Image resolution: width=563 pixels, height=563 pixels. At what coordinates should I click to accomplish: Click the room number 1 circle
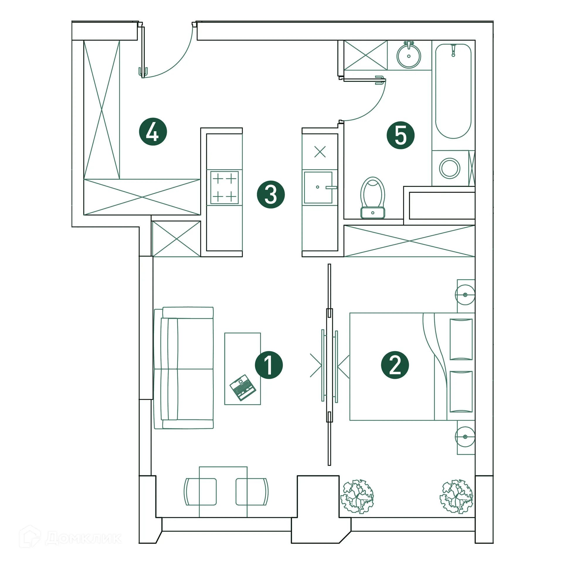tap(269, 365)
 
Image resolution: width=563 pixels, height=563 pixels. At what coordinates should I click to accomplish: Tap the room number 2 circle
tap(395, 365)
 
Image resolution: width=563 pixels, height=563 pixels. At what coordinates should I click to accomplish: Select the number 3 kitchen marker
tap(271, 194)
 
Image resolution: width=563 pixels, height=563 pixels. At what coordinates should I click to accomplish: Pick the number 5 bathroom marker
tap(401, 135)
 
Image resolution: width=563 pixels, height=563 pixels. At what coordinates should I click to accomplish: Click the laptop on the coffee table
tap(243, 387)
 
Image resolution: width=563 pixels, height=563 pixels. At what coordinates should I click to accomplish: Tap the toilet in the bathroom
tap(372, 197)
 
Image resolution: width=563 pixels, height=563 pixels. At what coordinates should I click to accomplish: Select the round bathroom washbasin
tap(408, 56)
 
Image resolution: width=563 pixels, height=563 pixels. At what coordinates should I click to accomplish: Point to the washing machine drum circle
tap(450, 168)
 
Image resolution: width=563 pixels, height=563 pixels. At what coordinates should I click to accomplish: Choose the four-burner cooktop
tap(224, 187)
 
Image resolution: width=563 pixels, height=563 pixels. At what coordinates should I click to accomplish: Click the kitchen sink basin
tap(318, 187)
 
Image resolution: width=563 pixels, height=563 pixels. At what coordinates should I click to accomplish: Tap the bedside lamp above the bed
tap(465, 294)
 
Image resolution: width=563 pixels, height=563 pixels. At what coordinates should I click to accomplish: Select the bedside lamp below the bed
tap(465, 437)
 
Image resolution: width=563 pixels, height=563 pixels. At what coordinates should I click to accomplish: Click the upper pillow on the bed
tap(461, 339)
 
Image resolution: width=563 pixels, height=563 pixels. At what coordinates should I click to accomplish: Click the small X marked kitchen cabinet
tap(320, 152)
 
